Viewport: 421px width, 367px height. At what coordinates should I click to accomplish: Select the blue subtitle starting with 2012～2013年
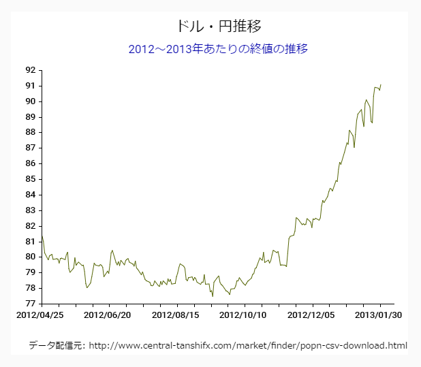coord(218,49)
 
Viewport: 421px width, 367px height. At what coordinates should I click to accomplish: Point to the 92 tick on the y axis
coord(30,70)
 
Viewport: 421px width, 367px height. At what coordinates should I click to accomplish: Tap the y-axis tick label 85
coord(30,179)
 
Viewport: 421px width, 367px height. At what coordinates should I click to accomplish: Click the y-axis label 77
coord(30,304)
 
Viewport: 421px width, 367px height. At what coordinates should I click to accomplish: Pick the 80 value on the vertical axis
coord(30,257)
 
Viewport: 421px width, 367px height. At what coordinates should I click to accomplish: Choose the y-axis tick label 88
coord(30,132)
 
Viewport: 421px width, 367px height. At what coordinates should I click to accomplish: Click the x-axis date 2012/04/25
coord(40,315)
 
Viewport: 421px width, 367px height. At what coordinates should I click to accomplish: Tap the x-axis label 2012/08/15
coord(176,315)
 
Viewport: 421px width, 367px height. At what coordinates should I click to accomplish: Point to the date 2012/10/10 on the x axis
coord(244,315)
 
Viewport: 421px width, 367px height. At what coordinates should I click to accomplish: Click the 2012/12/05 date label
coord(311,315)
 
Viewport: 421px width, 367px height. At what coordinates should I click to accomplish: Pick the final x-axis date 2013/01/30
coord(379,315)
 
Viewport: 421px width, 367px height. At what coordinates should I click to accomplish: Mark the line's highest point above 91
coord(381,84)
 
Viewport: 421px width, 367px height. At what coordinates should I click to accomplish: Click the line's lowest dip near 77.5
coord(213,296)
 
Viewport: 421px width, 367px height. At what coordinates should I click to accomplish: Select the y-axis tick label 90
coord(30,101)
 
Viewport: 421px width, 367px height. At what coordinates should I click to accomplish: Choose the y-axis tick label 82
coord(30,226)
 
